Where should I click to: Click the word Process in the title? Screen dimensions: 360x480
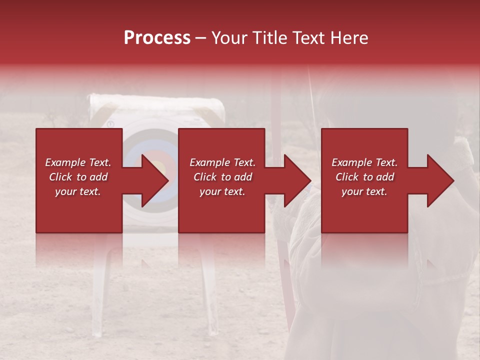pyautogui.click(x=157, y=38)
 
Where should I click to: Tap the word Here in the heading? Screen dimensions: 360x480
pyautogui.click(x=349, y=38)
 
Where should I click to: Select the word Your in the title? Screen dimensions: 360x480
pyautogui.click(x=230, y=38)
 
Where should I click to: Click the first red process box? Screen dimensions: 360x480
pyautogui.click(x=79, y=210)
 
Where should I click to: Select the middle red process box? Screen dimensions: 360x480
pyautogui.click(x=221, y=210)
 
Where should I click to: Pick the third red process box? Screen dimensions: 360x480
pyautogui.click(x=364, y=210)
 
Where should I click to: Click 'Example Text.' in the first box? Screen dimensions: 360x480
pyautogui.click(x=78, y=162)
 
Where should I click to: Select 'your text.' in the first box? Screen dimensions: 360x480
pyautogui.click(x=78, y=191)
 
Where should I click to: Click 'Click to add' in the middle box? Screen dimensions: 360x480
pyautogui.click(x=222, y=177)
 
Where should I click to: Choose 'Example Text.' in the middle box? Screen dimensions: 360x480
pyautogui.click(x=222, y=162)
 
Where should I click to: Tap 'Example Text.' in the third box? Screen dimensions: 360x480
pyautogui.click(x=364, y=162)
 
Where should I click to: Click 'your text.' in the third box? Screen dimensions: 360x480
pyautogui.click(x=364, y=191)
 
